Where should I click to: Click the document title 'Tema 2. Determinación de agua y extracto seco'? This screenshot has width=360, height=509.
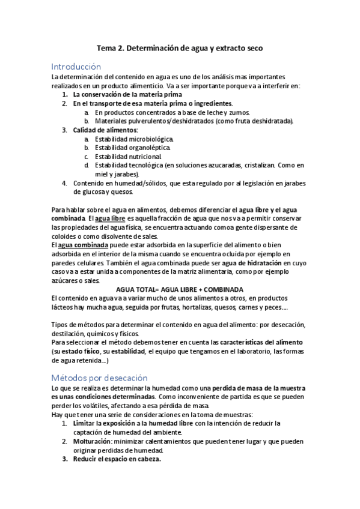pyautogui.click(x=180, y=47)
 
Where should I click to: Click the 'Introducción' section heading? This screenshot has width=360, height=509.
pyautogui.click(x=76, y=66)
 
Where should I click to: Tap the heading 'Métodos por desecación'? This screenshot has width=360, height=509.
pyautogui.click(x=99, y=378)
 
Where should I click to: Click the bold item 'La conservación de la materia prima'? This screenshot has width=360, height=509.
pyautogui.click(x=127, y=95)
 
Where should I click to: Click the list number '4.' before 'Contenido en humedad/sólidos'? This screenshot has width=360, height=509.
pyautogui.click(x=65, y=183)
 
